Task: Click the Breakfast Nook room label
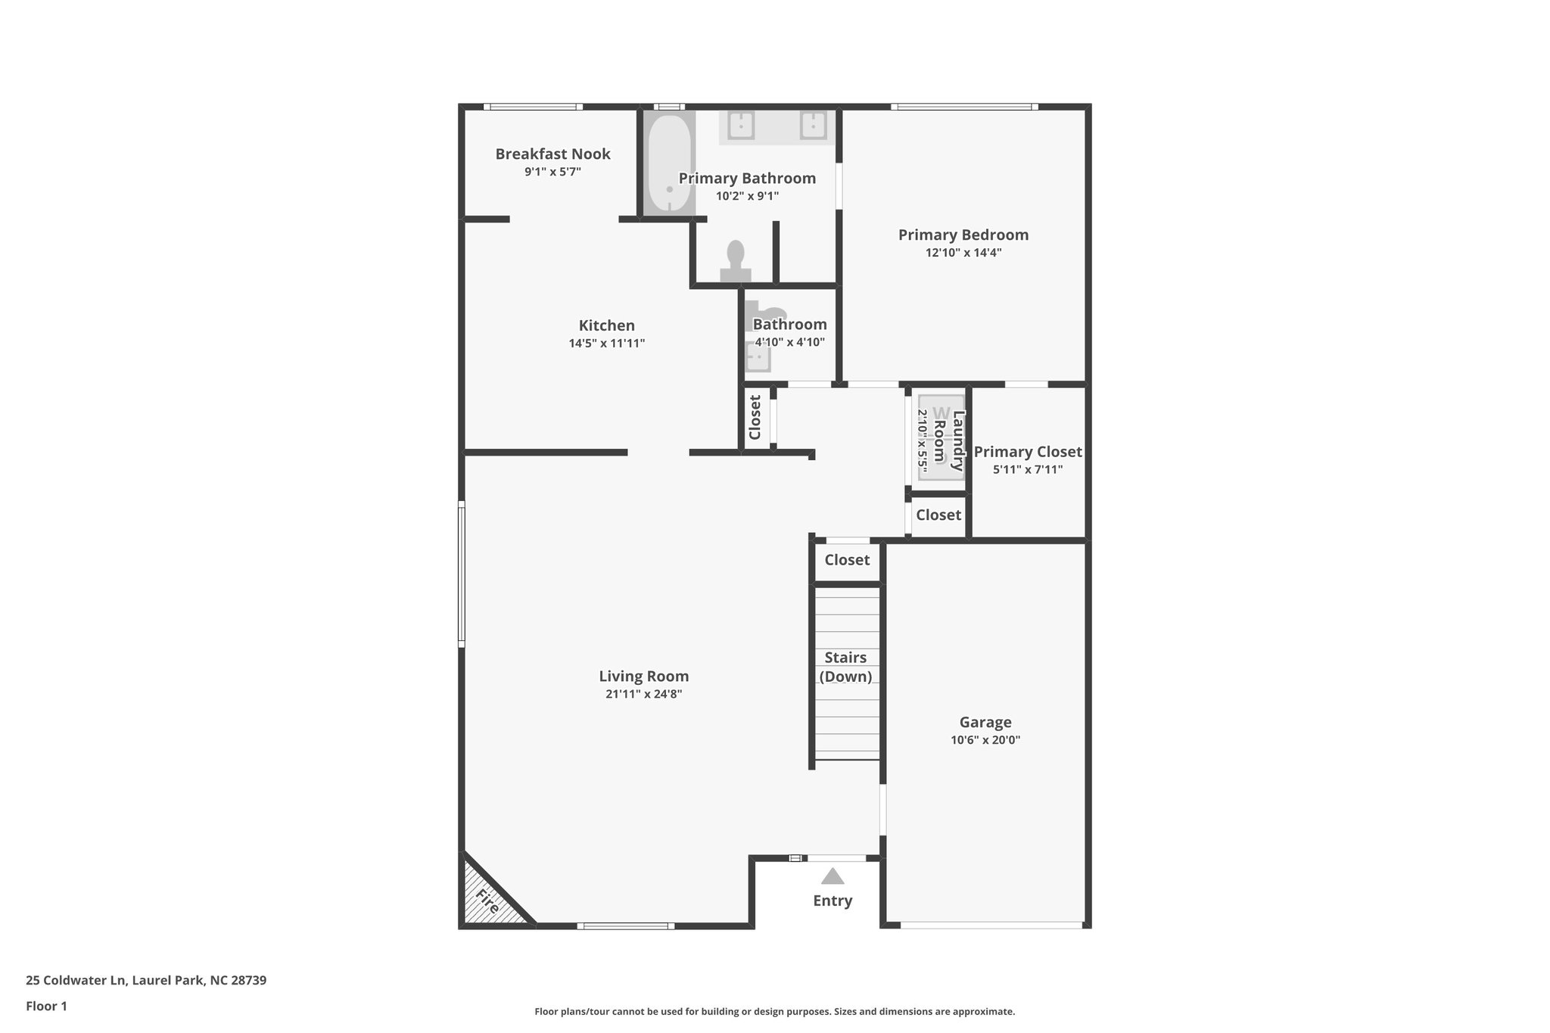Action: [x=552, y=154]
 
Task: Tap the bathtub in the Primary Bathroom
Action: [x=669, y=163]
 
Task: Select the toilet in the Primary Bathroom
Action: [x=735, y=261]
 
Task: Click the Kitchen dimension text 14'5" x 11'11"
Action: [x=606, y=344]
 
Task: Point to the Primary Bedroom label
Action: [x=963, y=235]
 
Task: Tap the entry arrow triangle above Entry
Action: [x=833, y=876]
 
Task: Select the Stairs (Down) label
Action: [x=845, y=667]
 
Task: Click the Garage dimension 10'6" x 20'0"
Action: [x=985, y=740]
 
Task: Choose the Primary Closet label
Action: [x=1027, y=453]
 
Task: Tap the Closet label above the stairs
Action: [x=847, y=560]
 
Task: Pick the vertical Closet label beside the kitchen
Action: [x=755, y=417]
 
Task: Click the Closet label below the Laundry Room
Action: [x=938, y=515]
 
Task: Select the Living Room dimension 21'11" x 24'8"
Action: [x=643, y=694]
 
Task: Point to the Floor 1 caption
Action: [x=46, y=1006]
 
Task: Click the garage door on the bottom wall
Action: [x=991, y=924]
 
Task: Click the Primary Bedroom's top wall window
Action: [x=963, y=107]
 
